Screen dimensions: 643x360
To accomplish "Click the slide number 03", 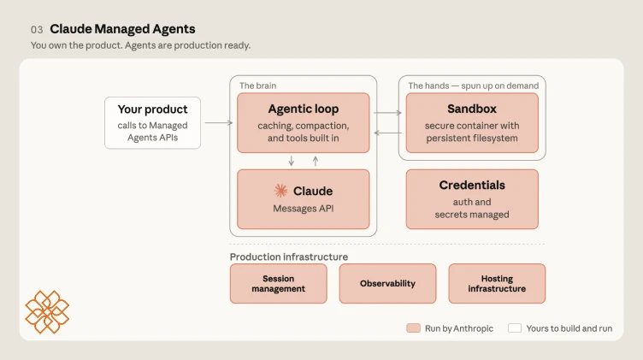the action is (x=37, y=30).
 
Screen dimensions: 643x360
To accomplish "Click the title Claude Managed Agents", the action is (x=122, y=29).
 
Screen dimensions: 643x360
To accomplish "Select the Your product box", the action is (x=152, y=122).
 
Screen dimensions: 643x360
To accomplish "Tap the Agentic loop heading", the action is (x=304, y=109).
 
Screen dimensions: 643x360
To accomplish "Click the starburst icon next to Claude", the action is (x=281, y=191).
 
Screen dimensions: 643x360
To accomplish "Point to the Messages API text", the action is (x=304, y=209).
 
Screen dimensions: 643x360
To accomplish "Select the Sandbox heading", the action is (x=472, y=109).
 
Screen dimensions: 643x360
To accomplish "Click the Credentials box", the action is (x=472, y=199).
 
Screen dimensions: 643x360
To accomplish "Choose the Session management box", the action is (x=279, y=283).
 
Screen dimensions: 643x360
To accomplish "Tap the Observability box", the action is (x=387, y=283).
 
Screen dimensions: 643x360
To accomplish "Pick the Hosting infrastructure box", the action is (x=497, y=283).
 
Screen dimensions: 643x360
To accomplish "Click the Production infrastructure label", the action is (x=289, y=257).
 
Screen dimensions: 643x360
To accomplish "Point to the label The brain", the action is (x=258, y=86).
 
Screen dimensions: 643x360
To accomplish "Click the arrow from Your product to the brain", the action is (x=219, y=122).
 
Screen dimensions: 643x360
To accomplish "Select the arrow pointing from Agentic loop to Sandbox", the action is (x=387, y=113).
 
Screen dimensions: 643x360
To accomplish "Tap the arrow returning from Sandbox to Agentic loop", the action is (x=387, y=133).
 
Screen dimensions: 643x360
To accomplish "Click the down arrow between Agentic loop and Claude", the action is (x=292, y=161).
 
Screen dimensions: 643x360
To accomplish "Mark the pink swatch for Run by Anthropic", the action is (x=413, y=328).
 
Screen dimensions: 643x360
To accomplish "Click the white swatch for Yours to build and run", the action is (x=515, y=328).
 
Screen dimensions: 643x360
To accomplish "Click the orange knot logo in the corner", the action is (x=47, y=312).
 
